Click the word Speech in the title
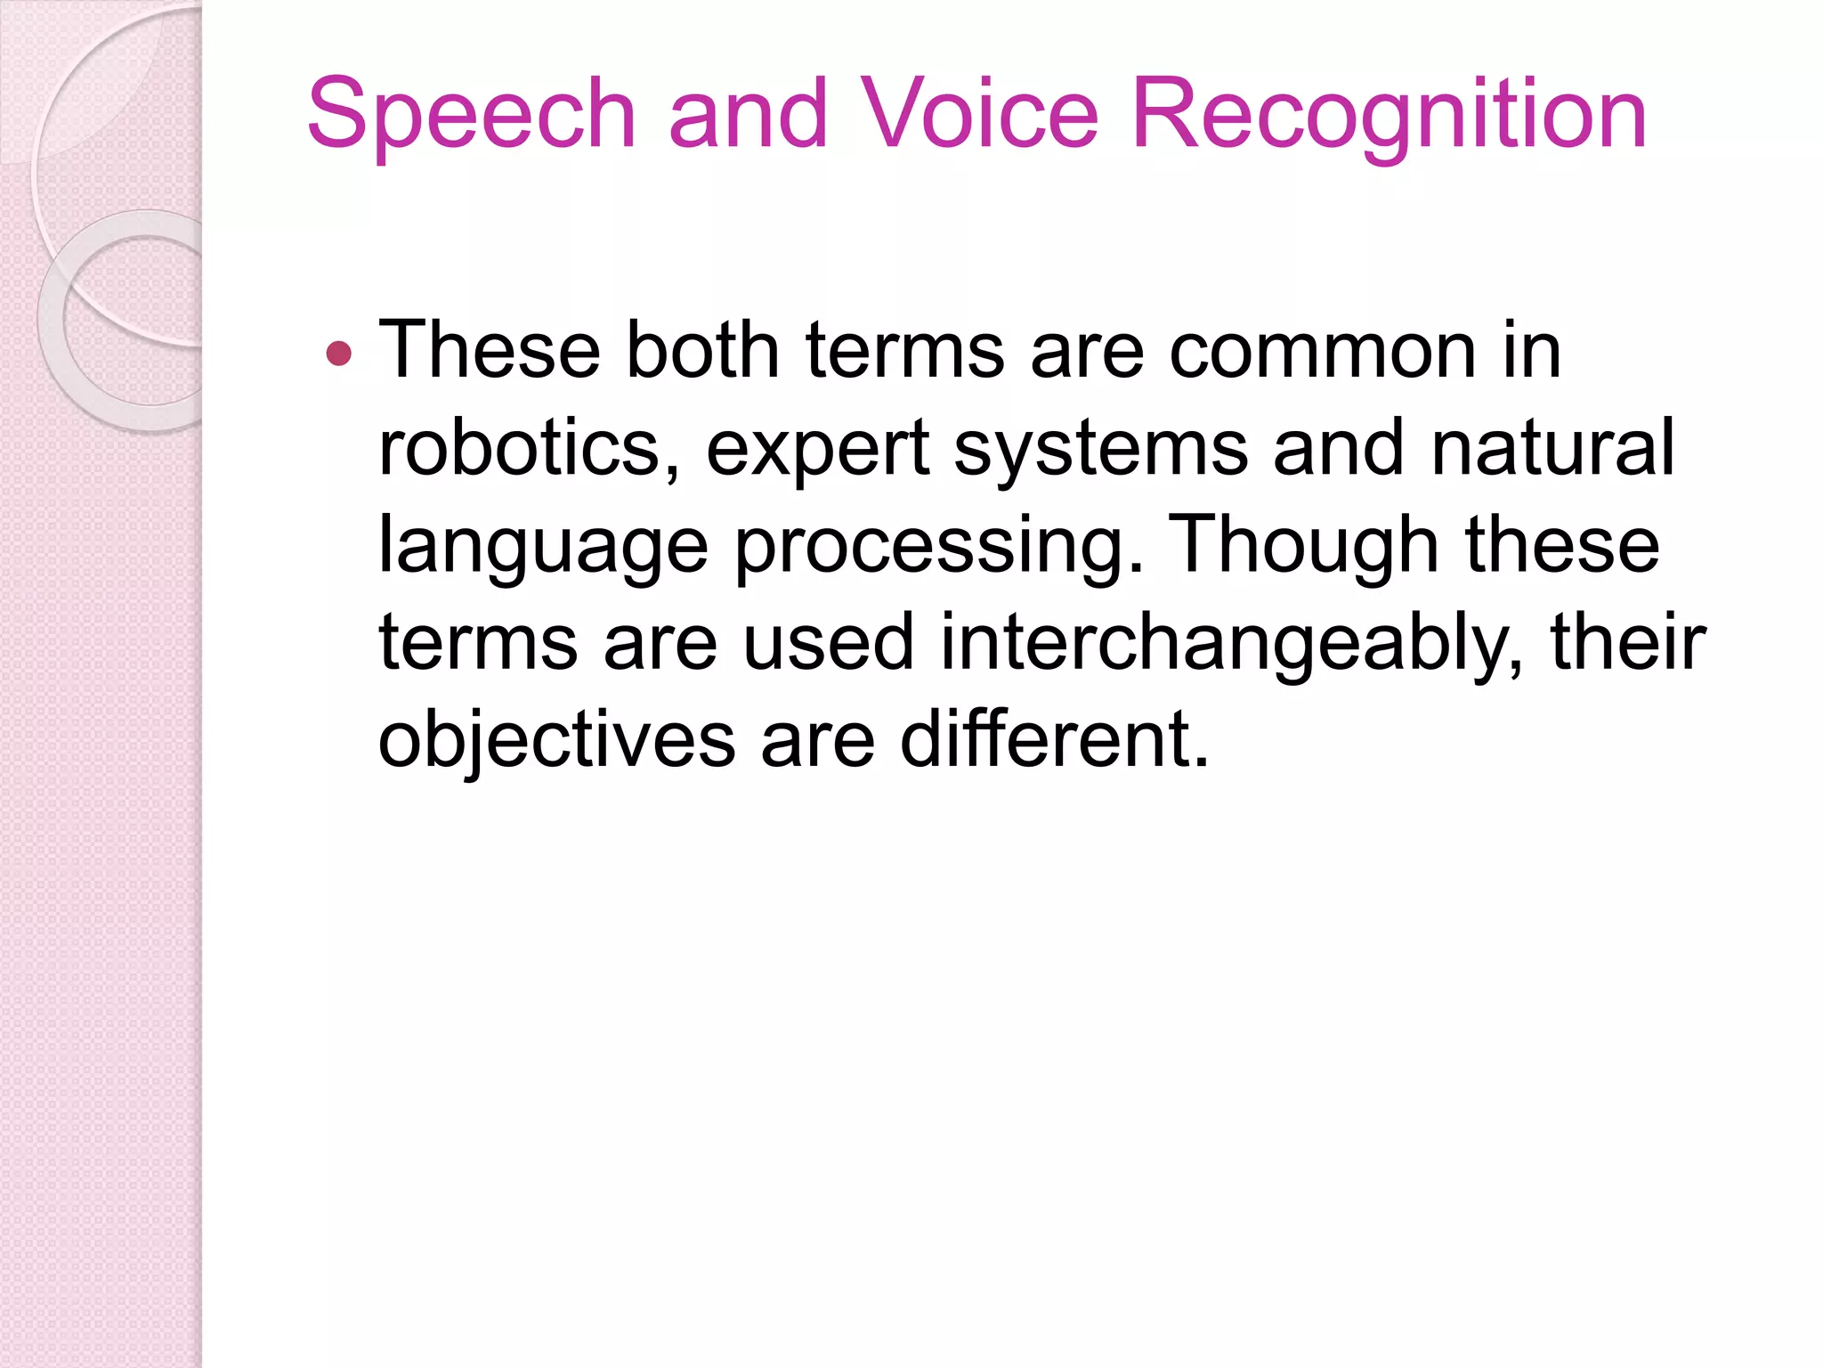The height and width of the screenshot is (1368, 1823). (x=471, y=116)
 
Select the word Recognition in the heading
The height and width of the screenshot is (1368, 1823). (x=1389, y=116)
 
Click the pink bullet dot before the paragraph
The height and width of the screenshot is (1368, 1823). (x=339, y=354)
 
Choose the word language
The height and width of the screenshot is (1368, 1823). (x=543, y=549)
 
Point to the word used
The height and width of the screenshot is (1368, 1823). (x=828, y=642)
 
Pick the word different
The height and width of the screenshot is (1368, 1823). (x=1054, y=739)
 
